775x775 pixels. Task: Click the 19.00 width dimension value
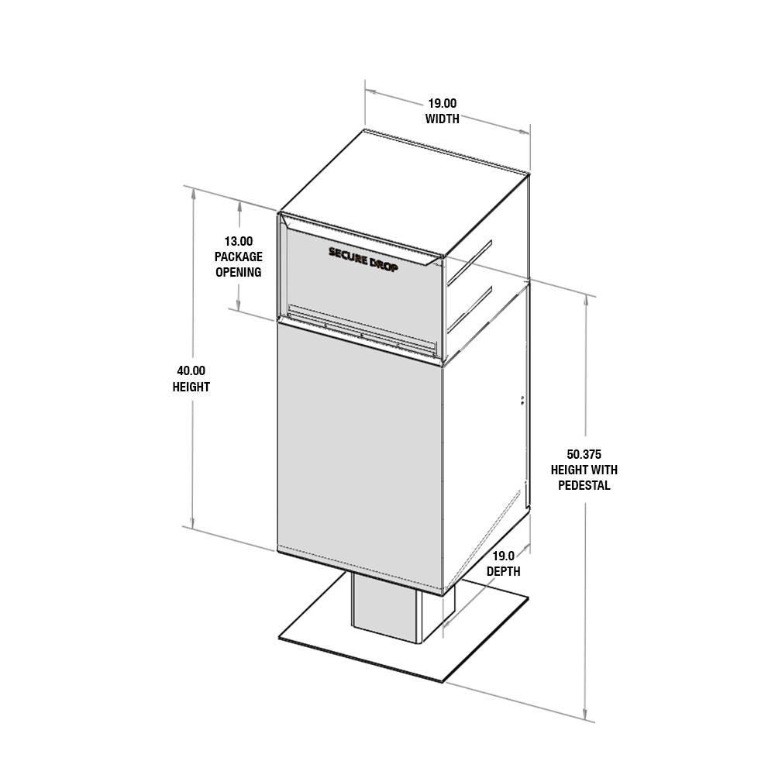click(443, 103)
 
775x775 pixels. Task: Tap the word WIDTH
click(443, 119)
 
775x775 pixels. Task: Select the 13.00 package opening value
click(239, 241)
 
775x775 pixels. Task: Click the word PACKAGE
click(239, 257)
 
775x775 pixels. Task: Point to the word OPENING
click(239, 272)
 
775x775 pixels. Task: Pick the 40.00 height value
click(191, 371)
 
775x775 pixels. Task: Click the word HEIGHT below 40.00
click(191, 387)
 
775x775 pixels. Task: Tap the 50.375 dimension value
click(584, 454)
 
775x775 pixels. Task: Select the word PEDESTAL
click(584, 486)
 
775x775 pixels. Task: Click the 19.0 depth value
click(504, 556)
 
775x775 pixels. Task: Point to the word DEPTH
click(504, 572)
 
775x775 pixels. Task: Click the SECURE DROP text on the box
click(363, 258)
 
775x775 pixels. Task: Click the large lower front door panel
click(360, 457)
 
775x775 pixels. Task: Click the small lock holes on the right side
click(522, 400)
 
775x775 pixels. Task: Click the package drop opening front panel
click(361, 291)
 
